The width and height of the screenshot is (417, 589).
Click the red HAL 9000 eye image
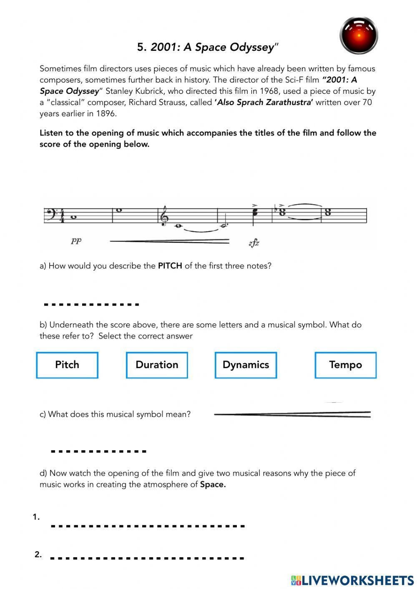[359, 35]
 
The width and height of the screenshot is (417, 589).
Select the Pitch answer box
[67, 365]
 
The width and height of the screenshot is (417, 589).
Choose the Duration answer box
[157, 365]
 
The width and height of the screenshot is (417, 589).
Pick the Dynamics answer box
[246, 365]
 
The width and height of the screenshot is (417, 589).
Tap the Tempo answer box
[345, 365]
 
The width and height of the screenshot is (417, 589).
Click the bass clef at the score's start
[49, 216]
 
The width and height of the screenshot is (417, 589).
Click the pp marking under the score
[76, 241]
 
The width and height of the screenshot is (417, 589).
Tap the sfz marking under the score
[254, 243]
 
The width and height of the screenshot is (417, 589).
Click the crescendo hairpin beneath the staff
[169, 241]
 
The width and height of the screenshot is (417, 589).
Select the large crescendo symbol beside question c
[292, 414]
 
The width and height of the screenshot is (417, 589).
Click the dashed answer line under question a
[91, 305]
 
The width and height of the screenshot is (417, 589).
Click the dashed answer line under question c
[98, 451]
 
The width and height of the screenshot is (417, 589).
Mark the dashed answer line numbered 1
[148, 526]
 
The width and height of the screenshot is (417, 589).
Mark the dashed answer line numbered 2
[147, 558]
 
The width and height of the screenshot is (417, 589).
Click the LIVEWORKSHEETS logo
[352, 580]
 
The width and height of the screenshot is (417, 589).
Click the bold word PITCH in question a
[170, 266]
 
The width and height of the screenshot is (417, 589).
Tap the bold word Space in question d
[213, 485]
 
